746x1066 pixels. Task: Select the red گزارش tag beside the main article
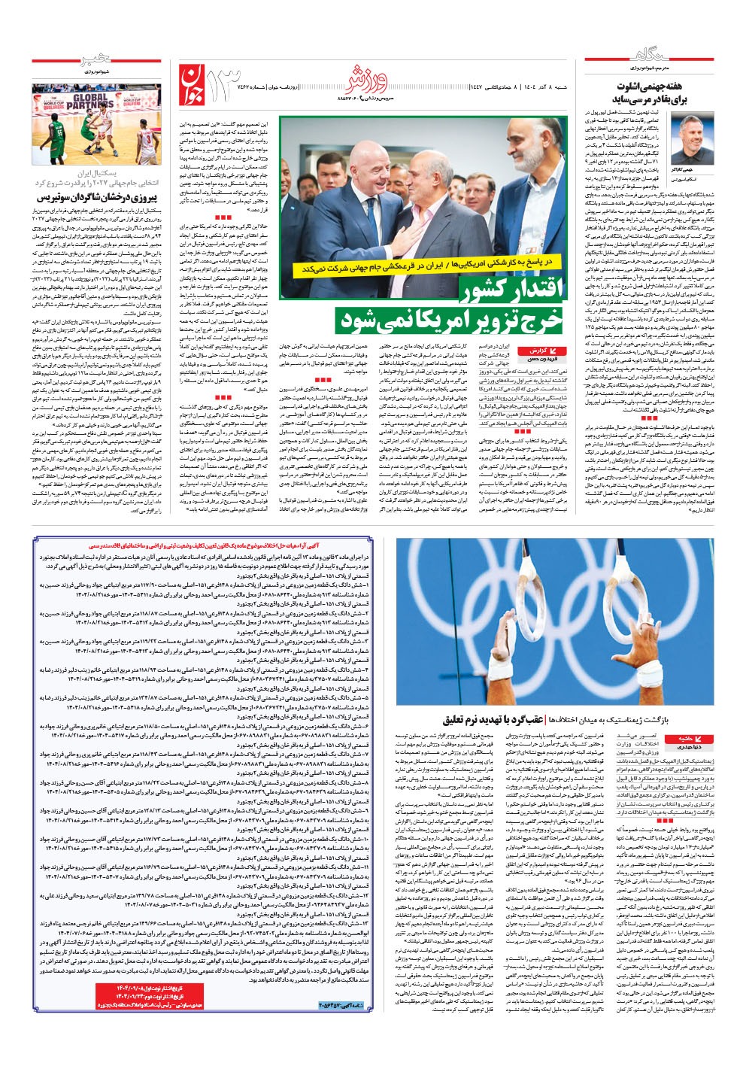click(x=556, y=351)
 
